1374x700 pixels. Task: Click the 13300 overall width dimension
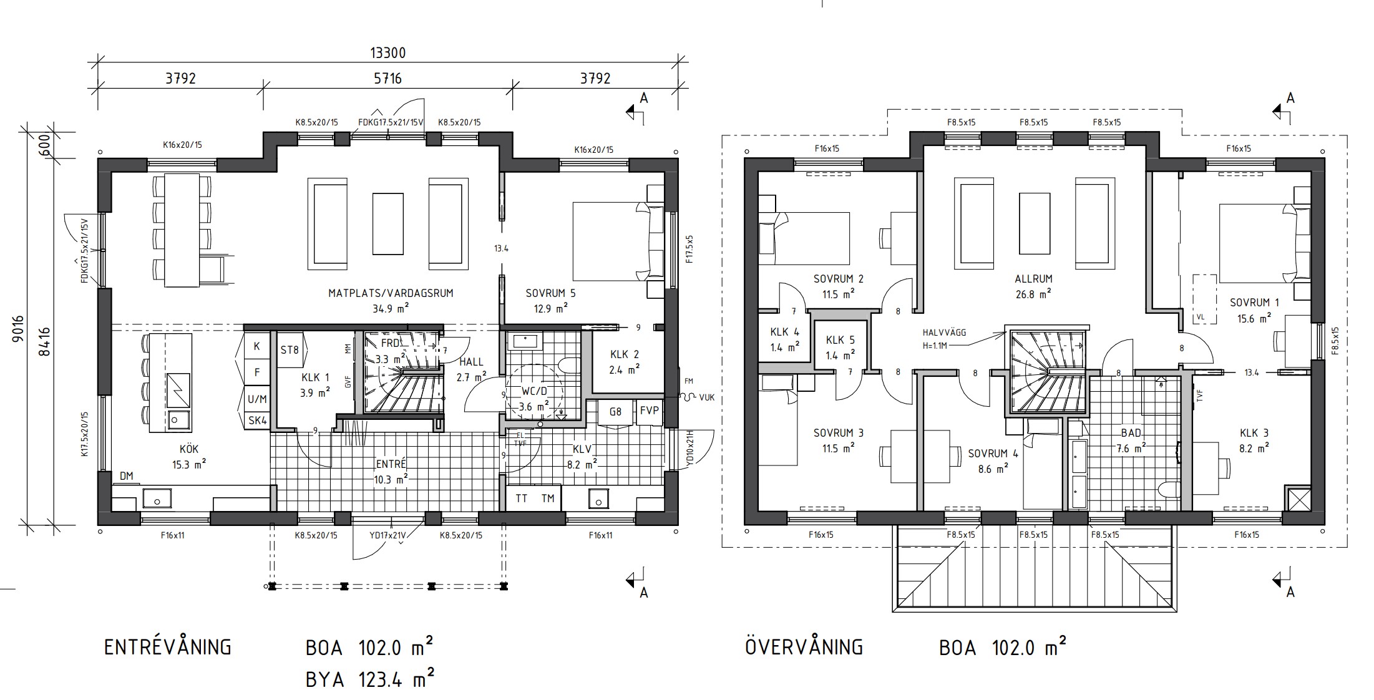[x=387, y=52]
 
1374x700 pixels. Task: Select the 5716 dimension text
[x=387, y=79]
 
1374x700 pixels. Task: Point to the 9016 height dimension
[x=17, y=328]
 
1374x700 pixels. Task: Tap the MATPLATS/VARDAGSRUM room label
[x=391, y=293]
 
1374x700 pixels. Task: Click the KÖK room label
[x=189, y=449]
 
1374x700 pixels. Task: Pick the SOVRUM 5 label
[x=550, y=293]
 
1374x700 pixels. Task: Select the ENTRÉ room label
[x=391, y=464]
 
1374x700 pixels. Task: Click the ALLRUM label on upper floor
[x=1034, y=279]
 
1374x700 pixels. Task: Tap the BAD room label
[x=1131, y=433]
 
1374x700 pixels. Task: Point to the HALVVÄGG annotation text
[x=944, y=333]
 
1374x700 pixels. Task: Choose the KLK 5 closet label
[x=840, y=341]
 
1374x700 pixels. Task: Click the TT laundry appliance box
[x=521, y=498]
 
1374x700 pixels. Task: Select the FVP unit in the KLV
[x=650, y=412]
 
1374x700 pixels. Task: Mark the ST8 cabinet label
[x=290, y=350]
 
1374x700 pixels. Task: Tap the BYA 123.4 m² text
[x=370, y=679]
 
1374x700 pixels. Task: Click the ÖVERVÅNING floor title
[x=804, y=646]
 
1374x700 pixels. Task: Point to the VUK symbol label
[x=707, y=397]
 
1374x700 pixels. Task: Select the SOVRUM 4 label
[x=993, y=454]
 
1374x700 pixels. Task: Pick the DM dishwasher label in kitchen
[x=127, y=477]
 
